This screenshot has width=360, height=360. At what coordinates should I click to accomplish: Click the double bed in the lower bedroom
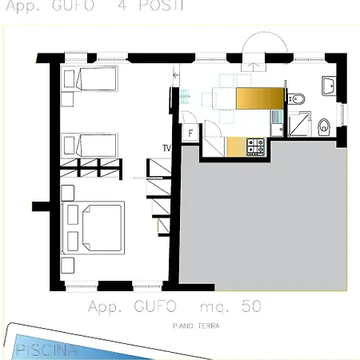click(x=93, y=227)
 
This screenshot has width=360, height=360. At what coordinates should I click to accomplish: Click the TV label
click(x=166, y=148)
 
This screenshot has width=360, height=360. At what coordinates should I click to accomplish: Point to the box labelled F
click(x=191, y=134)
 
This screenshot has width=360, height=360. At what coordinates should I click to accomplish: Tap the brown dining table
click(x=260, y=98)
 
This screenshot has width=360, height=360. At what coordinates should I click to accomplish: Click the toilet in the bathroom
click(x=324, y=125)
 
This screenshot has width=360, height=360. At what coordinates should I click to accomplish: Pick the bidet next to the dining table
click(x=297, y=99)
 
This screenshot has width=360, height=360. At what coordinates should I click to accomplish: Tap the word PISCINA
click(x=46, y=350)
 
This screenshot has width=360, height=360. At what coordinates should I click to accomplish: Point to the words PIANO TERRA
click(x=195, y=326)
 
